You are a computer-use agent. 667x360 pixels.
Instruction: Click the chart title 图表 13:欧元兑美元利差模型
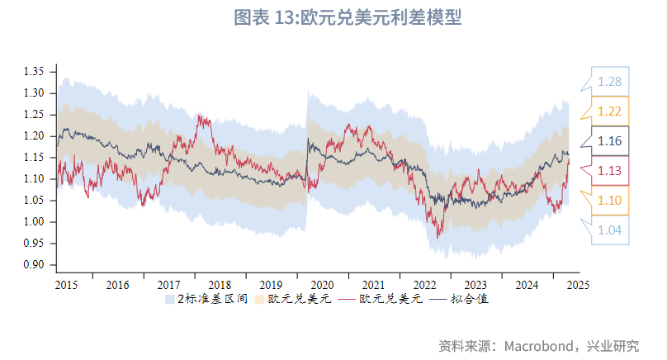pyautogui.click(x=347, y=17)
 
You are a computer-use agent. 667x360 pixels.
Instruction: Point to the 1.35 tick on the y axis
pyautogui.click(x=34, y=72)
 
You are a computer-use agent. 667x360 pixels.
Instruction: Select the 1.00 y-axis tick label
pyautogui.click(x=34, y=222)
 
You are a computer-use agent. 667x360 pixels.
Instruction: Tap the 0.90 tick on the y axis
pyautogui.click(x=34, y=265)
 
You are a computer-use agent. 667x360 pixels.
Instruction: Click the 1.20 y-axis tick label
pyautogui.click(x=34, y=136)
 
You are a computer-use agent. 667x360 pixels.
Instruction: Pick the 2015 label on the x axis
pyautogui.click(x=67, y=285)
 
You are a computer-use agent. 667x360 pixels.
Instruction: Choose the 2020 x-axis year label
pyautogui.click(x=322, y=285)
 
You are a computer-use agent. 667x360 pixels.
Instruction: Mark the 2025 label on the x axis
pyautogui.click(x=577, y=285)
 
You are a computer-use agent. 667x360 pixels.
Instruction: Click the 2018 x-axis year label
pyautogui.click(x=220, y=285)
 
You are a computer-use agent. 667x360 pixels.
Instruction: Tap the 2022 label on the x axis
pyautogui.click(x=424, y=285)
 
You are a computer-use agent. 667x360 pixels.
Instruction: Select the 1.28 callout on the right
pyautogui.click(x=610, y=81)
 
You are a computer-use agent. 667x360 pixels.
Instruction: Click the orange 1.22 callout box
pyautogui.click(x=610, y=111)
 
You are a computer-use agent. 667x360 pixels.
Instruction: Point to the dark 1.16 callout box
pyautogui.click(x=610, y=142)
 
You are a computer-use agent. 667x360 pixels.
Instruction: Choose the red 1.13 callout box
pyautogui.click(x=610, y=171)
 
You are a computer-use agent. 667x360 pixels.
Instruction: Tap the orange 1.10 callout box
pyautogui.click(x=610, y=201)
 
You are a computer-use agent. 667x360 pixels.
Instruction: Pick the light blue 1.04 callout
pyautogui.click(x=610, y=230)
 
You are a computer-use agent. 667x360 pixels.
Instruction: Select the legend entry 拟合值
pyautogui.click(x=472, y=299)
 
